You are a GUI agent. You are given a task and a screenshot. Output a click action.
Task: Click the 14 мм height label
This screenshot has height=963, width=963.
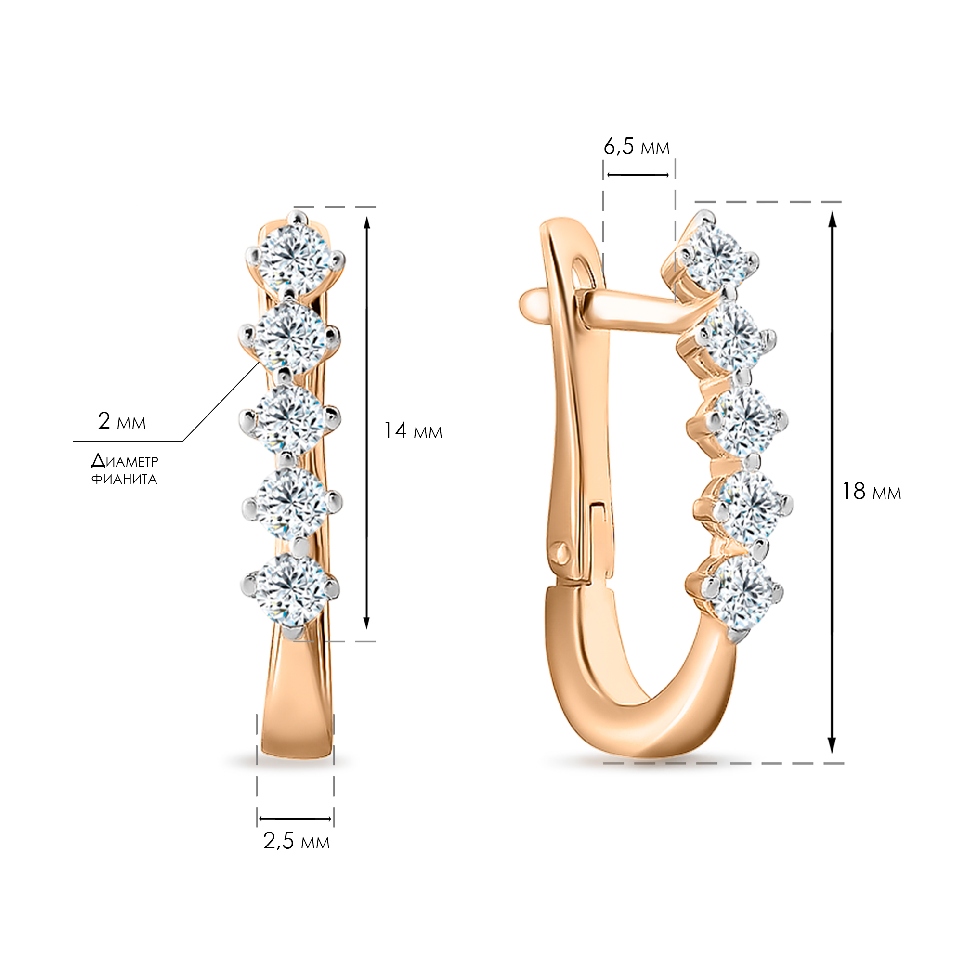[x=413, y=431]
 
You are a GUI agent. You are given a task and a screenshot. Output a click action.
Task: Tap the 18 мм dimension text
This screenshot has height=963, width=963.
[x=872, y=492]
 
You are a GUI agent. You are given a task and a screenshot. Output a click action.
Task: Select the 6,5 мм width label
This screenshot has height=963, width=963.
[x=637, y=146]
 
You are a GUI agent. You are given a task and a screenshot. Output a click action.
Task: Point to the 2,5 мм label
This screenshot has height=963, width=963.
[x=297, y=841]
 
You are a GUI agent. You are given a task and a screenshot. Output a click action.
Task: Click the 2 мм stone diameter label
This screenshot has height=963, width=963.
[x=122, y=421]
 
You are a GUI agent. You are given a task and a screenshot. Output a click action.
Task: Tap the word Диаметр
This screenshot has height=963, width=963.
[x=125, y=461]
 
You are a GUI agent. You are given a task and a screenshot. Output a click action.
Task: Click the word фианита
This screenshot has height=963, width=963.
[x=124, y=480]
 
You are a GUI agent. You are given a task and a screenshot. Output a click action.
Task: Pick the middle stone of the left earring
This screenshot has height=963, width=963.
[x=290, y=419]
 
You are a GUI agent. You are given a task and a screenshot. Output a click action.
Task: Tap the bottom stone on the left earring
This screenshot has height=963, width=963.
[x=291, y=590]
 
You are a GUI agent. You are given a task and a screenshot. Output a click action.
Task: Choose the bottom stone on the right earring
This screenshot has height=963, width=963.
[x=742, y=593]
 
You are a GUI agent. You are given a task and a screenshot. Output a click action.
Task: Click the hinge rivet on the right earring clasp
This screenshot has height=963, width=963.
[x=562, y=552]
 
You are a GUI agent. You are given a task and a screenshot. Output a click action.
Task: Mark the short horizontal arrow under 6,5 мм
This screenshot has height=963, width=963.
[x=638, y=175]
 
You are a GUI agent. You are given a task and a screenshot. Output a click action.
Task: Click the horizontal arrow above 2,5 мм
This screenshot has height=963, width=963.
[x=296, y=819]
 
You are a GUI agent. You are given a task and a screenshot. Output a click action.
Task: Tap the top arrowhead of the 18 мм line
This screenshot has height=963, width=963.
[x=832, y=219]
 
